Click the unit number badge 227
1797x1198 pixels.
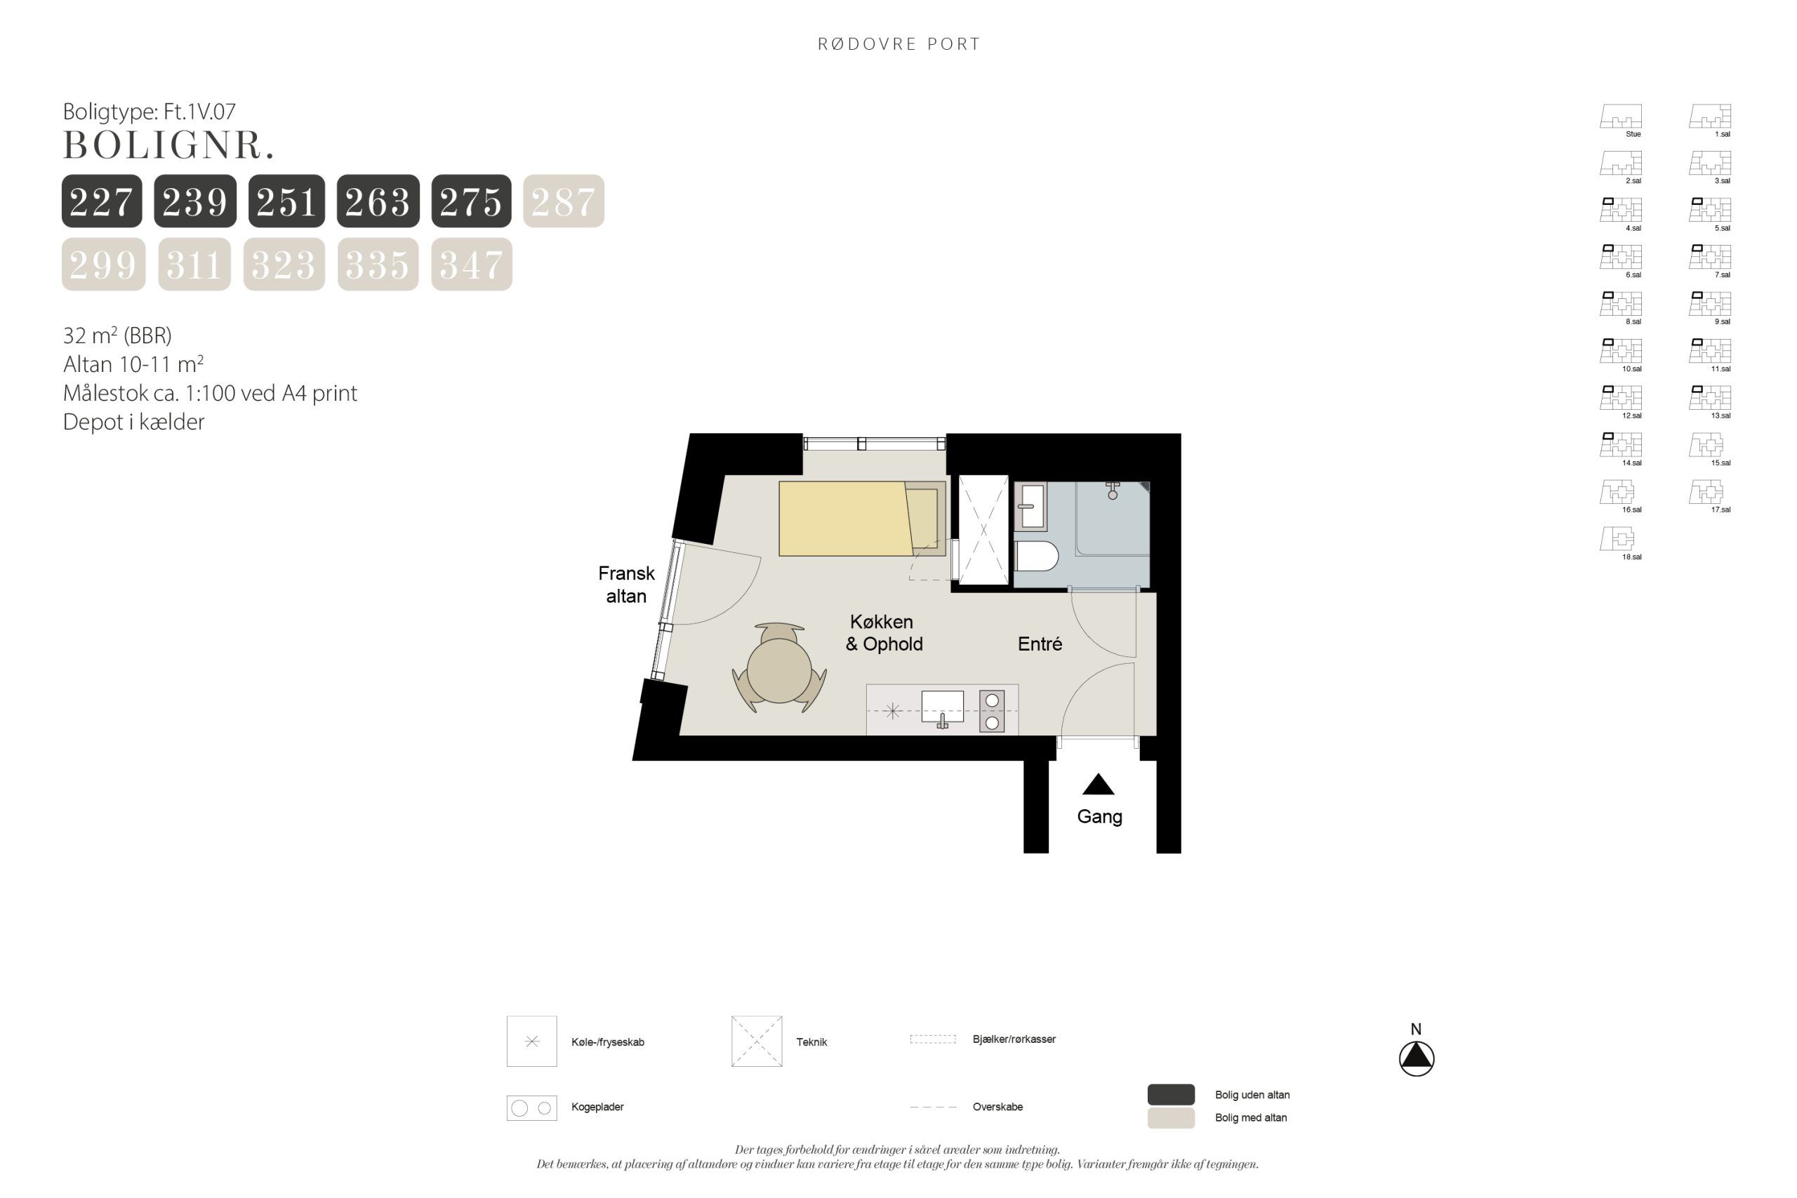102,201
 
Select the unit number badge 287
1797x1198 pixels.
563,201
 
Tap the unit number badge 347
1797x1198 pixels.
472,265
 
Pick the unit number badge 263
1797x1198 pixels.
378,201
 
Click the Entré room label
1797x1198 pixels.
1040,644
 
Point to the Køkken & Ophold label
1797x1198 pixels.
883,632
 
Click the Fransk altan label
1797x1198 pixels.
627,585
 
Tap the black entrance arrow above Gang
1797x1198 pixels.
1098,784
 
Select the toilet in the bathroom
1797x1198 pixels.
1037,557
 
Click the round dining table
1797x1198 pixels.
779,670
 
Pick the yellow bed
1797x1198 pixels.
862,518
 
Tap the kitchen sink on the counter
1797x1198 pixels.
943,708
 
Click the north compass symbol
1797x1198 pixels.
1417,1058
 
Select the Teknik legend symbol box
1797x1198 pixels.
757,1041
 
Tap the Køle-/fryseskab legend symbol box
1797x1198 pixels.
532,1041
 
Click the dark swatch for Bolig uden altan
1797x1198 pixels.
1170,1094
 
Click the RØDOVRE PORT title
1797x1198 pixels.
898,44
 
